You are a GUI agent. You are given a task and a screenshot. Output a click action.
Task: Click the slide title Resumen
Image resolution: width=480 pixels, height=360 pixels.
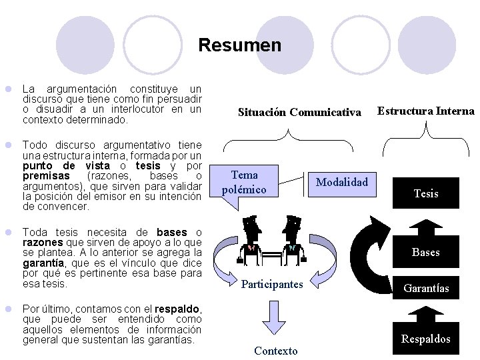point(239,45)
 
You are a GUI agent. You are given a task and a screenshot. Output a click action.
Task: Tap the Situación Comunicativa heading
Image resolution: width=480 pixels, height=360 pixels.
point(299,112)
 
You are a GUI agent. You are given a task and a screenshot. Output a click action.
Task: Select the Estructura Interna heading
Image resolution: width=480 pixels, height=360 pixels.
point(425,111)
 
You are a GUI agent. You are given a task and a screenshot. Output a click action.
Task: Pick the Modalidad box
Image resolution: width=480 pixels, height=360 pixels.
point(341,182)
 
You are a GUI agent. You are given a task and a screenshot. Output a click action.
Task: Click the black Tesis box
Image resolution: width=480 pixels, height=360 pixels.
point(425,193)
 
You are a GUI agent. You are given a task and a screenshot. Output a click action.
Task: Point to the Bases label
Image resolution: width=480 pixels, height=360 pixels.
point(425,252)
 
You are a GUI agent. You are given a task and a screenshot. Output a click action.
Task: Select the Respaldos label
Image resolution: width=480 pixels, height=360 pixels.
point(425,339)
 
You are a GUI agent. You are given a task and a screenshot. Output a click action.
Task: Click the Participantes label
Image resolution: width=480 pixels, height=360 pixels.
point(272,285)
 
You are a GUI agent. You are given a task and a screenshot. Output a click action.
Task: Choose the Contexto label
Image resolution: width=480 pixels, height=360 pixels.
point(275,351)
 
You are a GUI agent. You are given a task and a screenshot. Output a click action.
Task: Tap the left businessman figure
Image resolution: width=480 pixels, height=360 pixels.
point(251,240)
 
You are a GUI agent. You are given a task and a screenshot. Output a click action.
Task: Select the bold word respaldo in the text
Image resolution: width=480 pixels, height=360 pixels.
point(177,309)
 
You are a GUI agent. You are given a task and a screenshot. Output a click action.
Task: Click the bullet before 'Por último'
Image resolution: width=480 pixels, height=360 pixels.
point(8,309)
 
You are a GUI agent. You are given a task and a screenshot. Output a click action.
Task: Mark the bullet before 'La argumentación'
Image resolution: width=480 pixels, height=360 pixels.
point(8,89)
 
